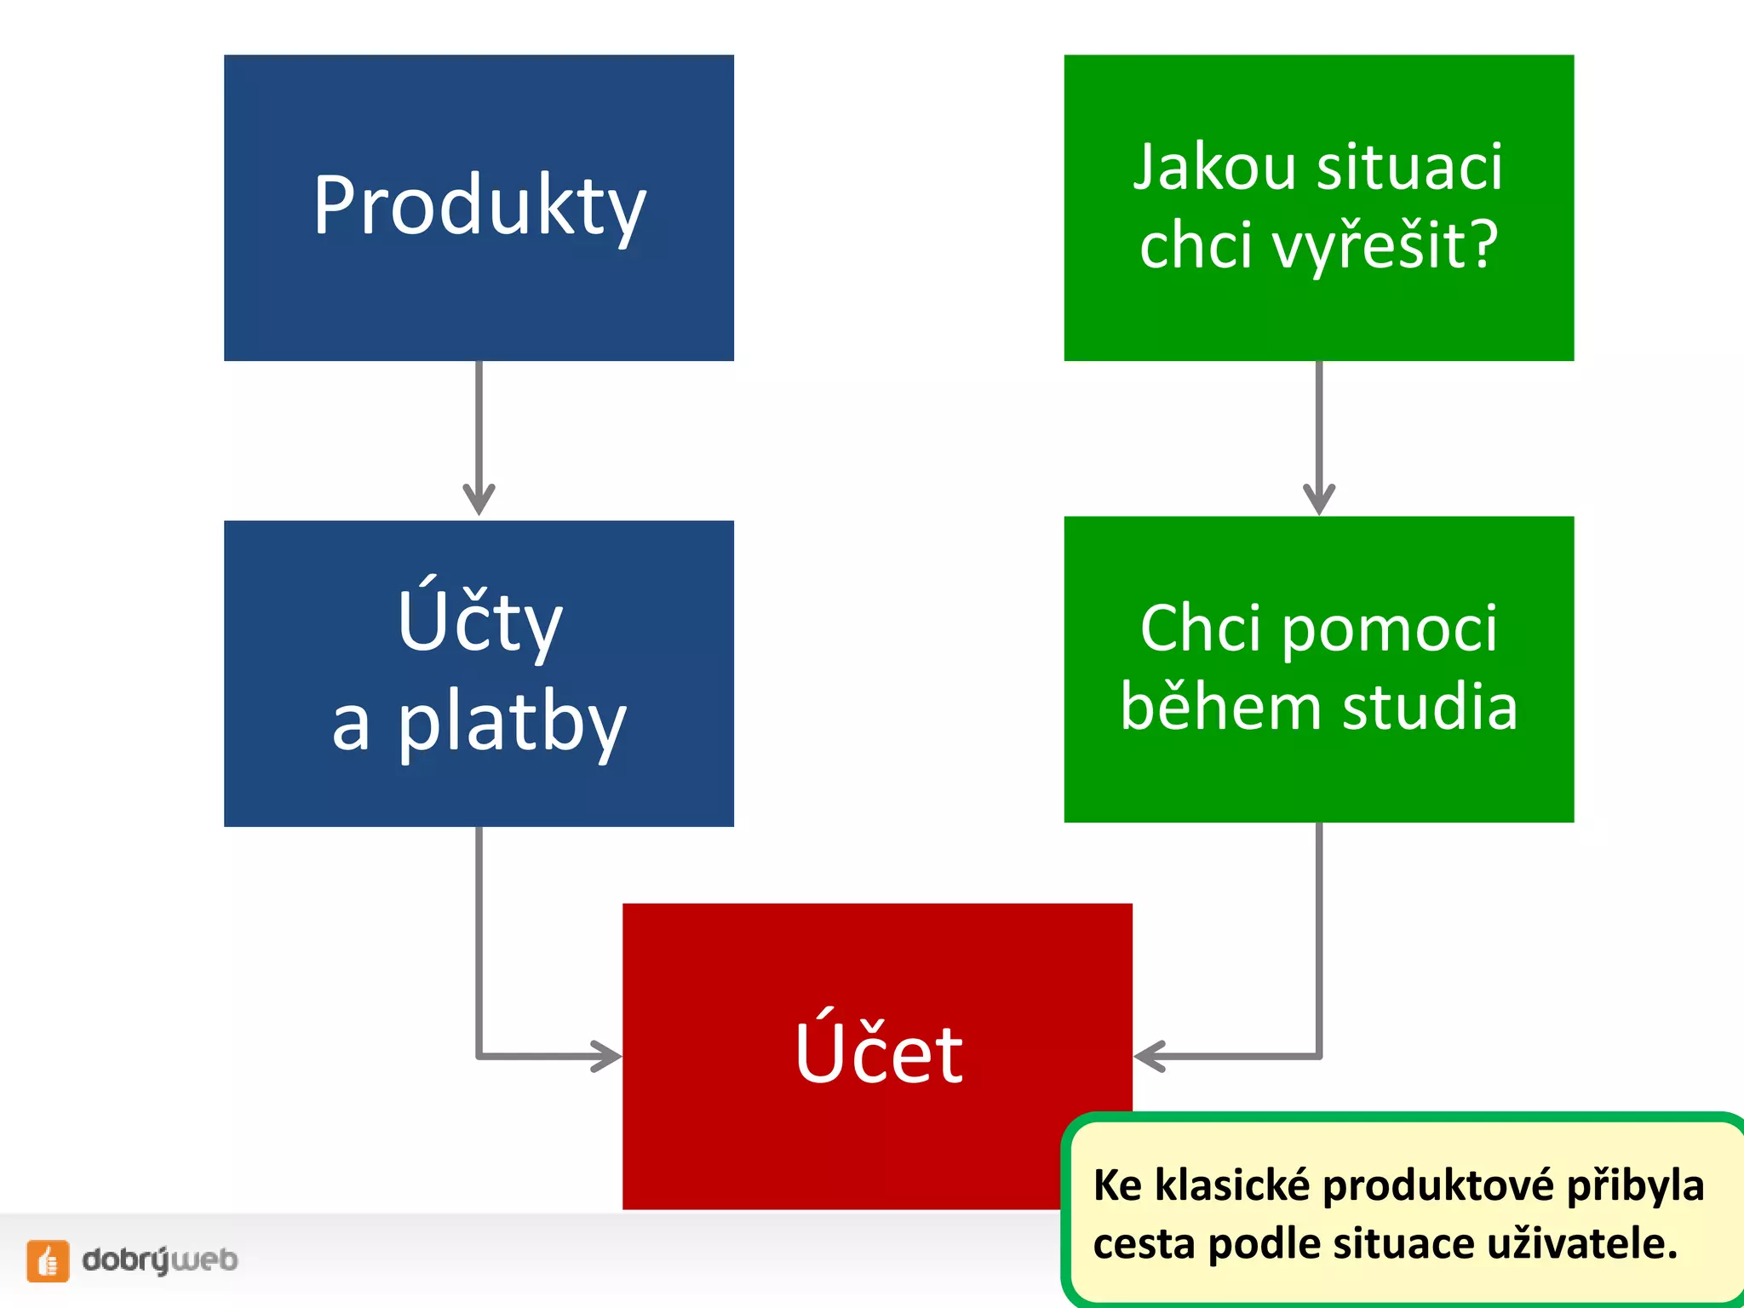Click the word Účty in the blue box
(479, 622)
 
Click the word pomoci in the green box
(1389, 628)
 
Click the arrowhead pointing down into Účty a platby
(479, 498)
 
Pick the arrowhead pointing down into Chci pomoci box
(1319, 498)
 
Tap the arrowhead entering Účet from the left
(606, 1056)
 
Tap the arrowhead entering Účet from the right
(1150, 1056)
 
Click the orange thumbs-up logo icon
(48, 1260)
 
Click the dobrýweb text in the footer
(159, 1259)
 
